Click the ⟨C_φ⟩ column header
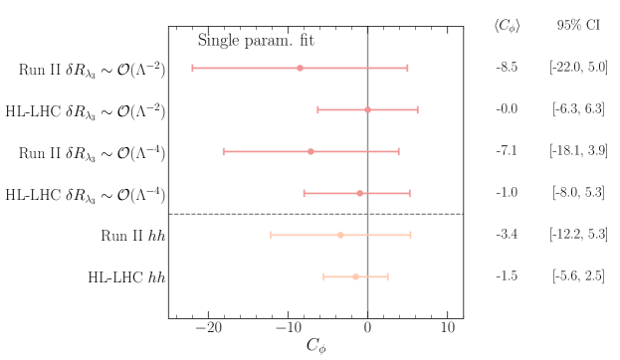[x=507, y=27]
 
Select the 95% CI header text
[x=578, y=27]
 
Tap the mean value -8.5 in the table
[x=507, y=68]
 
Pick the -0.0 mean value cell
[x=507, y=109]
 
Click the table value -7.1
[x=507, y=151]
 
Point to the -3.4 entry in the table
[x=507, y=235]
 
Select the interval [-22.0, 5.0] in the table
[x=578, y=68]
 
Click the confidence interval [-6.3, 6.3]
[x=578, y=109]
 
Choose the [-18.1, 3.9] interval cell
[x=578, y=151]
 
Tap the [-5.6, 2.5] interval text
[x=578, y=276]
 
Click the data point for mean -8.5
[x=301, y=68]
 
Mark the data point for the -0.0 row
[x=368, y=109]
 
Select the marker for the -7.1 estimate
[x=311, y=151]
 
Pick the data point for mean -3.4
[x=341, y=235]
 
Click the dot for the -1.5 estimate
[x=356, y=276]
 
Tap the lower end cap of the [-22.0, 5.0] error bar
[x=193, y=68]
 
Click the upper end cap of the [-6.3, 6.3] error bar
[x=418, y=109]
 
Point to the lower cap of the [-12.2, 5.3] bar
[x=272, y=235]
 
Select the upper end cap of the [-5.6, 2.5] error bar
[x=388, y=276]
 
